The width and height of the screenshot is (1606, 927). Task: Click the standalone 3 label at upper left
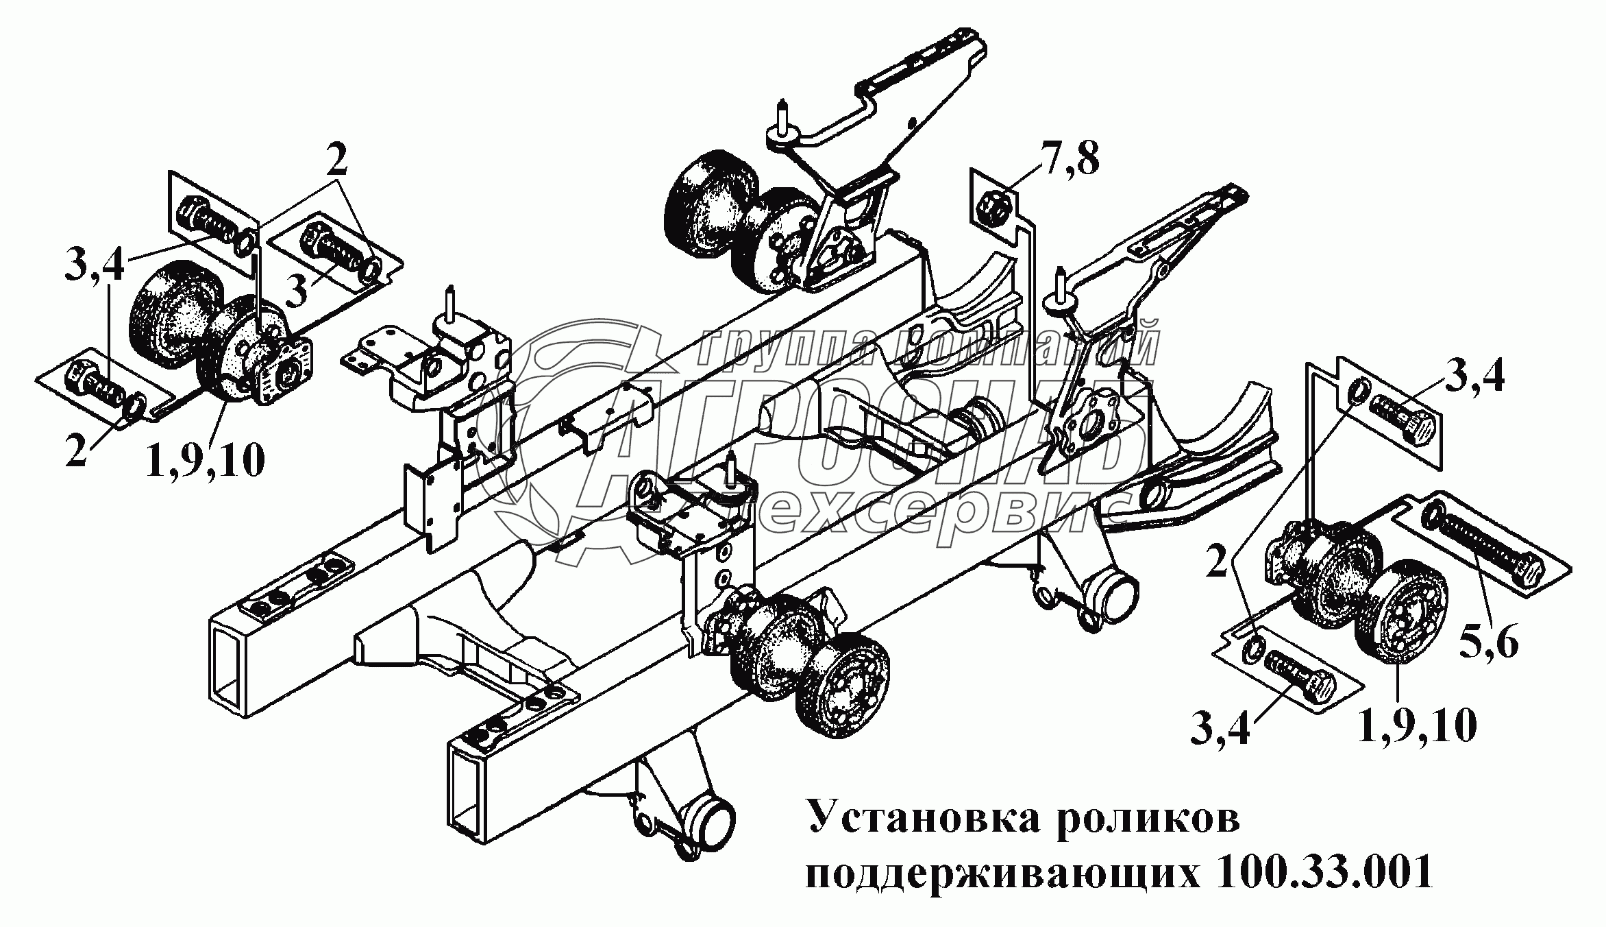[296, 292]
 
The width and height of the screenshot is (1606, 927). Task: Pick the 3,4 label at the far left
[95, 265]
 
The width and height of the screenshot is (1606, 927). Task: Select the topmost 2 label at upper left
[336, 163]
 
